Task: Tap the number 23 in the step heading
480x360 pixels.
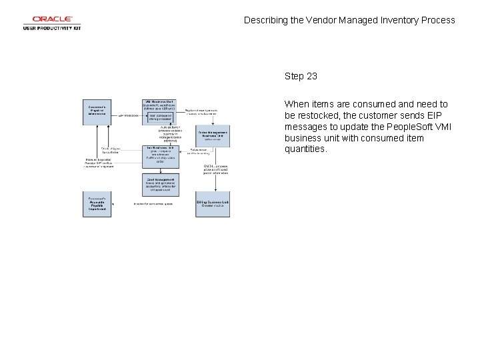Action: click(311, 76)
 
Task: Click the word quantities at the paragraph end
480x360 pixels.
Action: click(305, 149)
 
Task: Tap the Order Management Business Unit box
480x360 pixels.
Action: click(212, 135)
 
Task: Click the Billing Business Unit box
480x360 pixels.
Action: click(212, 205)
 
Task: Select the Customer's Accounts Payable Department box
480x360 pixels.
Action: click(97, 205)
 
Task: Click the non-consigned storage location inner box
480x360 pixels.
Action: click(160, 116)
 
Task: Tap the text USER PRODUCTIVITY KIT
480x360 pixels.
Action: click(52, 28)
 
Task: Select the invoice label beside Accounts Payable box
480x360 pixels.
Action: click(153, 204)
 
